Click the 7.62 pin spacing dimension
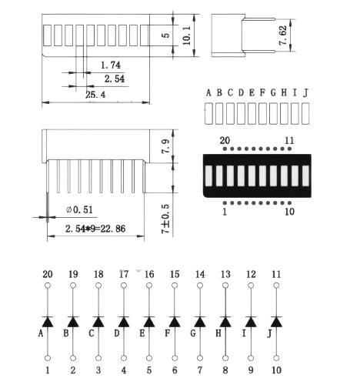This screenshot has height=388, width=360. click(283, 35)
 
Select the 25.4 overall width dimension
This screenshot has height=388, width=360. click(95, 95)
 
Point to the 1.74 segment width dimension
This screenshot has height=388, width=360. click(111, 65)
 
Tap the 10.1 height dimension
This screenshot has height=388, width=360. click(186, 35)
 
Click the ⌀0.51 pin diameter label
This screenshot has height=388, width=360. click(79, 210)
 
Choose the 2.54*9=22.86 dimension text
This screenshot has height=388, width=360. click(95, 229)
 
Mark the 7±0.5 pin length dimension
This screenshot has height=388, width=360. click(165, 219)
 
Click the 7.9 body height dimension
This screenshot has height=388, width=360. click(165, 146)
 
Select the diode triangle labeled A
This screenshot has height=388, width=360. click(48, 322)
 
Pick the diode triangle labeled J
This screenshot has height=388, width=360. click(276, 322)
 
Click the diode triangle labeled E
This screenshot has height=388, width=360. click(149, 322)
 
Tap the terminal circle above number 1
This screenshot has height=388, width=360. click(48, 358)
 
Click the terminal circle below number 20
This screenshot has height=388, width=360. click(48, 286)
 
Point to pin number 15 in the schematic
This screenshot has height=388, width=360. click(175, 274)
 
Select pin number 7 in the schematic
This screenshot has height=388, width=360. click(200, 370)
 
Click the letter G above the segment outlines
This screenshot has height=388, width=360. click(273, 92)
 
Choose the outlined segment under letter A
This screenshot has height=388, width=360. click(208, 113)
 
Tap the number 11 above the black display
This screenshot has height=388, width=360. click(289, 141)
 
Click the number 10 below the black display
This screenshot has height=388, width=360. click(289, 212)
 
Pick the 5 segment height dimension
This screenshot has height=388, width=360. click(166, 35)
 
